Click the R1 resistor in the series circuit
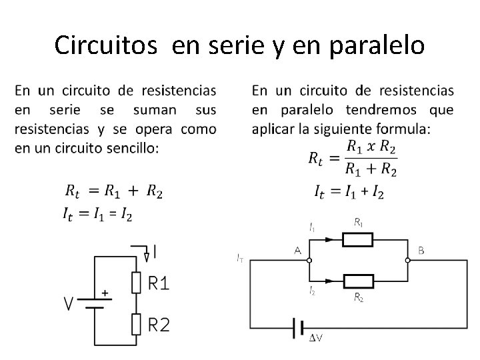(137, 283)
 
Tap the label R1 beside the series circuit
(159, 284)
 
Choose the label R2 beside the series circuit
(159, 325)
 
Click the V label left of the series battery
(69, 304)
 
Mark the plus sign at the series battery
(104, 292)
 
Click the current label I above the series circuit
(155, 252)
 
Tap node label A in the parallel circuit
(297, 251)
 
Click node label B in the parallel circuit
(421, 251)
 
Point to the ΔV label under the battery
(316, 338)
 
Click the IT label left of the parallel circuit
(240, 257)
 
